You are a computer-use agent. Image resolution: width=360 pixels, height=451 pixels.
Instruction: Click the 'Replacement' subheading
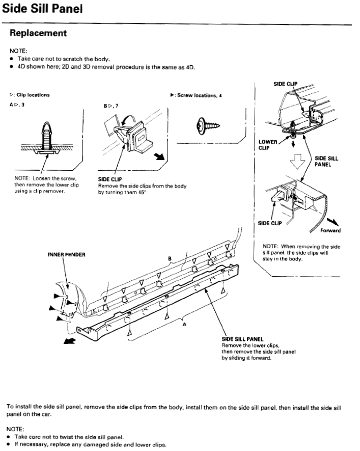(x=38, y=33)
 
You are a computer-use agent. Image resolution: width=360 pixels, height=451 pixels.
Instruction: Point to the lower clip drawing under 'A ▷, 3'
(x=45, y=138)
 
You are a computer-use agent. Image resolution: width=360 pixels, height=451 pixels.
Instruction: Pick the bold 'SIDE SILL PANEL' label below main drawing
(x=242, y=339)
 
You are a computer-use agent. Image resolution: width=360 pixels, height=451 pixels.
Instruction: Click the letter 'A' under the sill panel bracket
(x=184, y=327)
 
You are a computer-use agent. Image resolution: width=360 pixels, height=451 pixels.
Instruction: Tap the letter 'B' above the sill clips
(x=170, y=258)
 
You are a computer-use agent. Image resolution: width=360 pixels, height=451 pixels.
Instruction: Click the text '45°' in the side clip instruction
(x=135, y=193)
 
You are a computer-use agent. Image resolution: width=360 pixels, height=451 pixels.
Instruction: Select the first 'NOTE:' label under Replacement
(x=18, y=51)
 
